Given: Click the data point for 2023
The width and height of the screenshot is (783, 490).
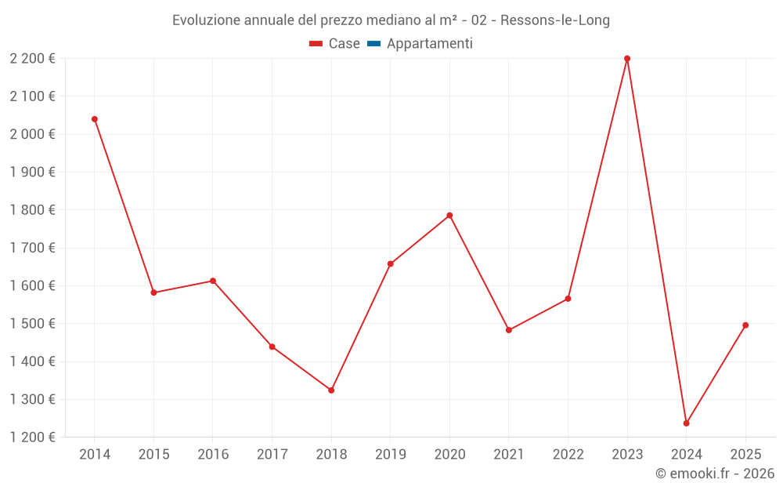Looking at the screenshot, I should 627,59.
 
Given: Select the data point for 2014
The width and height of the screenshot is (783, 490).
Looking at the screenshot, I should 95,119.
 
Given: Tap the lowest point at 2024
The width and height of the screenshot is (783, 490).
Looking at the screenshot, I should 686,423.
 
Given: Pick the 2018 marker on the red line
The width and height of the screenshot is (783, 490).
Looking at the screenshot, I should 331,390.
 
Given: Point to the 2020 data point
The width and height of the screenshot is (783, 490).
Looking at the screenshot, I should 449,216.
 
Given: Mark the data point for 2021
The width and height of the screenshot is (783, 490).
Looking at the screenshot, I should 509,330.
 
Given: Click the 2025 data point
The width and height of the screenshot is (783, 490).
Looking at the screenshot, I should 745,325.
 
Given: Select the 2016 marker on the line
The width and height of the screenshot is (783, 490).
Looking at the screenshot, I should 213,281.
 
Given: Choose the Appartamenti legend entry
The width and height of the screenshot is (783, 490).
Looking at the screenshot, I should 429,44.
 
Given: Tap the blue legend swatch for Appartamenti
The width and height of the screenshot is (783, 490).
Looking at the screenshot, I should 373,44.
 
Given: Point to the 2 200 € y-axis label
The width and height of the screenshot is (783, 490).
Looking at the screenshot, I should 33,59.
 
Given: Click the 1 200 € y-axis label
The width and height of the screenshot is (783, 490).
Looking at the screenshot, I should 33,437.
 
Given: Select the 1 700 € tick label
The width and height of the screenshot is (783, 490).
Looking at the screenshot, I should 33,248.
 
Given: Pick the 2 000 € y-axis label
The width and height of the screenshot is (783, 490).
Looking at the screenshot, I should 33,134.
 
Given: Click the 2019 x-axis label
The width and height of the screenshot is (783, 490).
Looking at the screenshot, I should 390,455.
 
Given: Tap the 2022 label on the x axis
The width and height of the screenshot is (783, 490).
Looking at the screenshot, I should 568,455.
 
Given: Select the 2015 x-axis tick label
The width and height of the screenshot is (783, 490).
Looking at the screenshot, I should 153,455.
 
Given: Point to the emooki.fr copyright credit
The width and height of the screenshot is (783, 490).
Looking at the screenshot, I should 715,474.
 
